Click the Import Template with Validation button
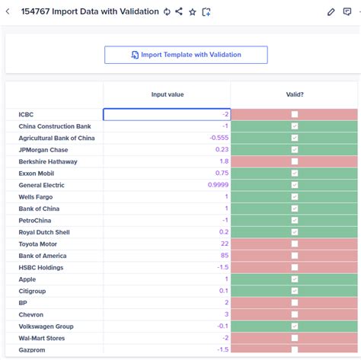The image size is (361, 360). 186,55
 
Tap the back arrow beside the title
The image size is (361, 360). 8,12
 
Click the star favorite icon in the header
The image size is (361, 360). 192,12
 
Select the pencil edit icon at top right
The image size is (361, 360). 331,12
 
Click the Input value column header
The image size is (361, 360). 167,94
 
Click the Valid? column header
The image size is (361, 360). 294,94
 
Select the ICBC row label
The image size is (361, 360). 27,114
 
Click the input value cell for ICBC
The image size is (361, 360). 167,114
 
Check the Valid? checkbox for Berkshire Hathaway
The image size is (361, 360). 294,161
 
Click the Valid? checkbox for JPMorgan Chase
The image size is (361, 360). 294,150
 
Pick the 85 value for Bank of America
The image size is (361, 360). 224,256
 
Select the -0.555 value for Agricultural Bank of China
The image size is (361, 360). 218,138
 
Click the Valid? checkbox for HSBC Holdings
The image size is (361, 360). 294,268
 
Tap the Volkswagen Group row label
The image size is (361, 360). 46,327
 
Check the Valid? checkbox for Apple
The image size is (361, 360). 294,279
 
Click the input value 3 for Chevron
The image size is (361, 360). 226,314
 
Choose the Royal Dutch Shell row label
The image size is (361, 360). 44,232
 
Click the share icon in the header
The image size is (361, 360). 178,12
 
